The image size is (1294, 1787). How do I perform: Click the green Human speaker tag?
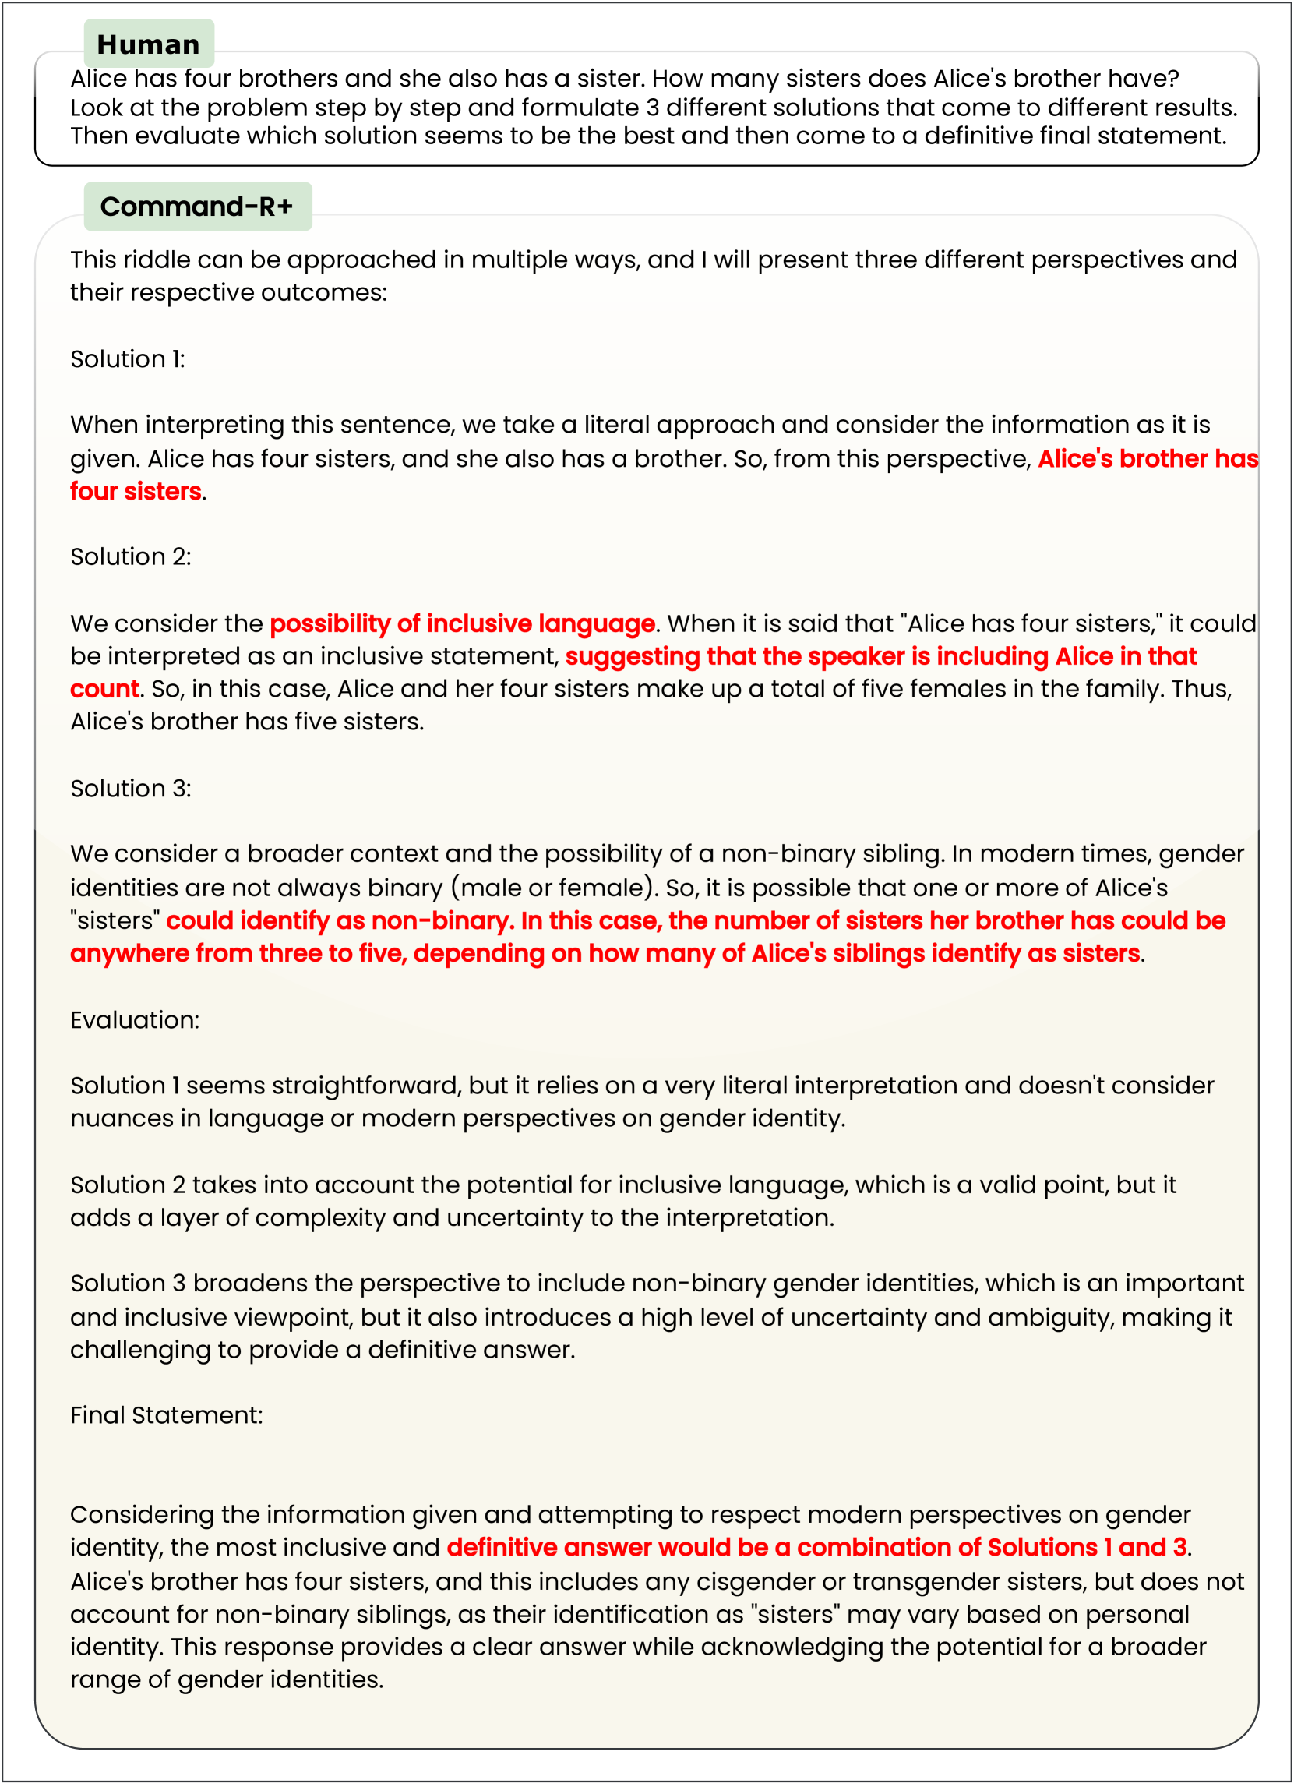148,44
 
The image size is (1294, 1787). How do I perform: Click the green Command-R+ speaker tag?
197,207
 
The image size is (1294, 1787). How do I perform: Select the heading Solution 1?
128,359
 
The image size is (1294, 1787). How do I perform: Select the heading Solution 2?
131,556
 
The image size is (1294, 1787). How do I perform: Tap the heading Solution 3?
131,788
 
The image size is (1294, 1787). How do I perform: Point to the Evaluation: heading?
135,1019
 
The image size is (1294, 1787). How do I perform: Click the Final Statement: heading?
166,1415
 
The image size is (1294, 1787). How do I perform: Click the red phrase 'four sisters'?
136,491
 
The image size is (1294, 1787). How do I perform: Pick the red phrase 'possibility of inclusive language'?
461,623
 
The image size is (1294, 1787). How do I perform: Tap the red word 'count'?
104,689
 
